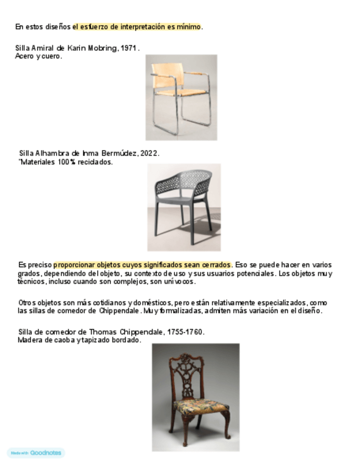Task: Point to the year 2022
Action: click(149, 154)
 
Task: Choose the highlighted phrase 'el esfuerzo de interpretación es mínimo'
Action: click(137, 26)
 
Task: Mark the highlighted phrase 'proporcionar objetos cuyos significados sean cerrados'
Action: click(143, 265)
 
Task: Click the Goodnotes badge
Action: click(36, 453)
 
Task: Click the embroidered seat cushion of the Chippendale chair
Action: click(201, 406)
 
